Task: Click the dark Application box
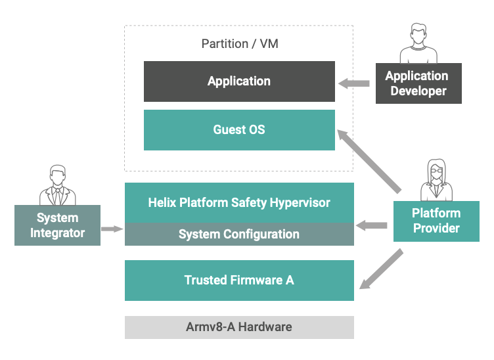239,81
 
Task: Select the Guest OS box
239,130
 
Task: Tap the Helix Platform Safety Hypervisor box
239,203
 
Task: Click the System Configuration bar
239,235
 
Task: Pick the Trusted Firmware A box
239,281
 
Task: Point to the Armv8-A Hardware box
239,327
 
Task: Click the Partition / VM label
240,44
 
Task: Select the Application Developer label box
418,83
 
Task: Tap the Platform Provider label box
436,221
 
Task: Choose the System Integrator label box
57,225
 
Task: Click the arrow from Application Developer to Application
353,83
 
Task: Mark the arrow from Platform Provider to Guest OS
369,161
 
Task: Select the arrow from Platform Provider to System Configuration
371,225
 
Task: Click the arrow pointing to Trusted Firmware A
381,269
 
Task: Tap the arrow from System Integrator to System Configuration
112,229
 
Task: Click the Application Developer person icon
418,43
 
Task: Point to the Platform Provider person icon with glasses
436,180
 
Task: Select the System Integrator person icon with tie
57,185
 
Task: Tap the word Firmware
256,280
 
